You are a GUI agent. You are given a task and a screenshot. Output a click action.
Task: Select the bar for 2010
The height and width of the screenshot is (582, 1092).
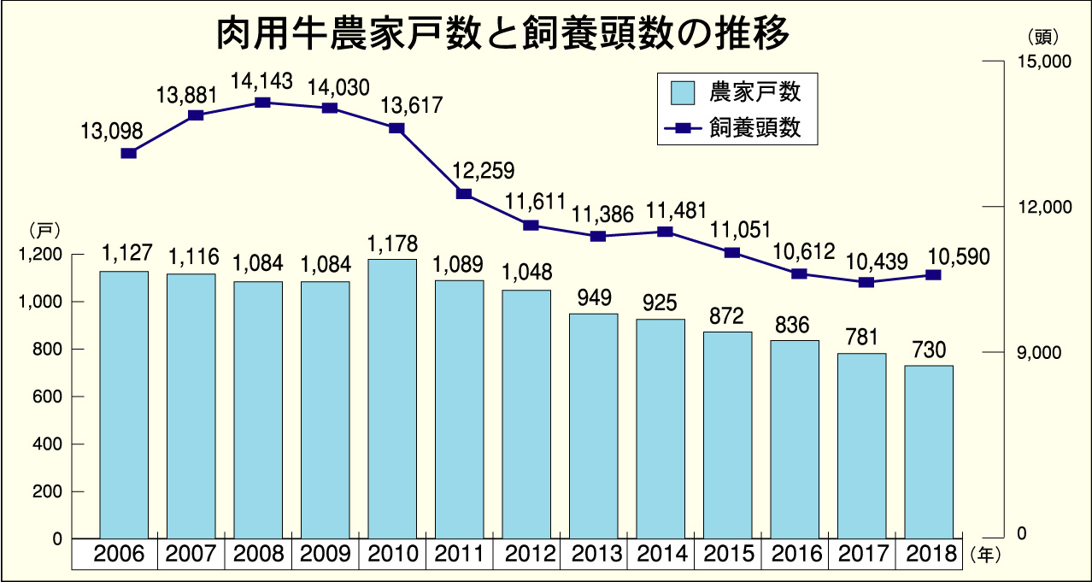tap(391, 398)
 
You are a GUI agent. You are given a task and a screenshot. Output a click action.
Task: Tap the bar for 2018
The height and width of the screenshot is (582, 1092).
tap(929, 452)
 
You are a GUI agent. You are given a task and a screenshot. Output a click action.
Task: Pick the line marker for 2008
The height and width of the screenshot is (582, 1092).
tap(263, 103)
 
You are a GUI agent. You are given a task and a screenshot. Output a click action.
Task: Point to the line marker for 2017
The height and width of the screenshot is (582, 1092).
tap(866, 282)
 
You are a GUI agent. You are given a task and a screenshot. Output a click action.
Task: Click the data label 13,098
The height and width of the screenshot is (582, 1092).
tap(112, 132)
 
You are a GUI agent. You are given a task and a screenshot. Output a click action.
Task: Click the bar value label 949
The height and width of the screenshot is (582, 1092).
tap(594, 297)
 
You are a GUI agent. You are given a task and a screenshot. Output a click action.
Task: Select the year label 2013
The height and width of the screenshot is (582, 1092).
tap(593, 555)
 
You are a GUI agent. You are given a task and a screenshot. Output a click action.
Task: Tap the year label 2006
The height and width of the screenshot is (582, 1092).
tap(124, 555)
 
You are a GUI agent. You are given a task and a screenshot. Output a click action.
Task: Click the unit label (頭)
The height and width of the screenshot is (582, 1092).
tap(1041, 37)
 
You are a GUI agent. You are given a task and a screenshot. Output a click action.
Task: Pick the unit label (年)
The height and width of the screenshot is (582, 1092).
tap(983, 555)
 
